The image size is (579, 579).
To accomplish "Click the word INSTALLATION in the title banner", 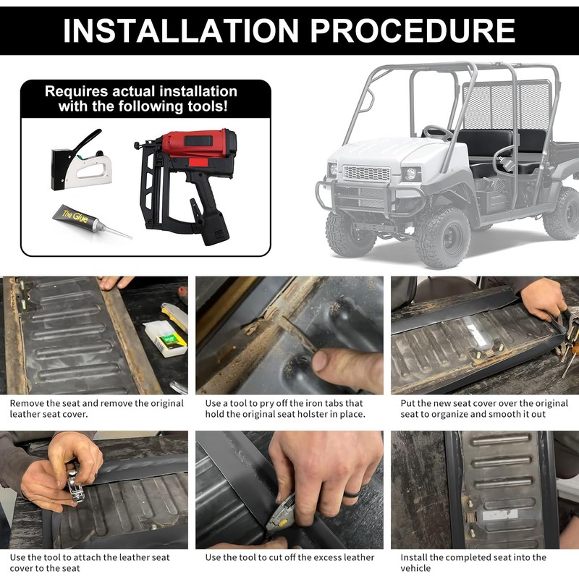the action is [180, 30].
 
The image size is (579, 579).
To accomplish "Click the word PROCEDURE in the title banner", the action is [413, 30].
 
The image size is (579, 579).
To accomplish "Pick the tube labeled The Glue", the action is [91, 221].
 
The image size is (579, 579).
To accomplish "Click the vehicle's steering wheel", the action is [437, 132].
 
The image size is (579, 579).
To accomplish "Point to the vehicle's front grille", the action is [366, 173].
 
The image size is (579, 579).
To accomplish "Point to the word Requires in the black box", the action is [77, 92].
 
